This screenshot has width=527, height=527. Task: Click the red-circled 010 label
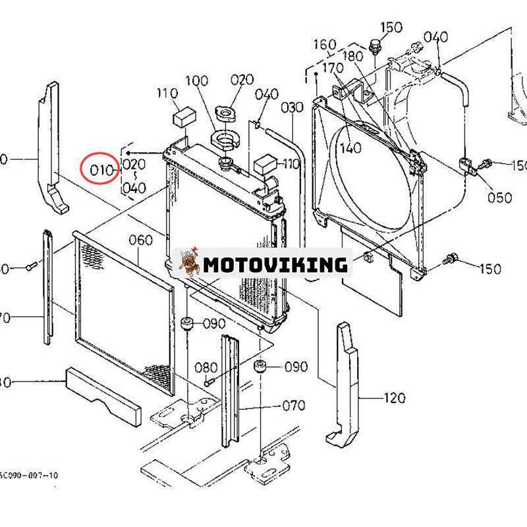(102, 169)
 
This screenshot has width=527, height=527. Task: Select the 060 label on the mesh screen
(140, 240)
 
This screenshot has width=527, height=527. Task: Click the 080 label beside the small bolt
(206, 367)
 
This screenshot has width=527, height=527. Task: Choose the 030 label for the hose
(292, 107)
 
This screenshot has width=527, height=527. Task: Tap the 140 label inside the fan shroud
(350, 148)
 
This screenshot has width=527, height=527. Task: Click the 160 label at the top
(325, 45)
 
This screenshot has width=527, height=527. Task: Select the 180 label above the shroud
(352, 56)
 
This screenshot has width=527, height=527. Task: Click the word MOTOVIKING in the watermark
(275, 265)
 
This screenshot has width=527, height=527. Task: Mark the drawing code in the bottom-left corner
(29, 474)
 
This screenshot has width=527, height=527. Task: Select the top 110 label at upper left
(167, 93)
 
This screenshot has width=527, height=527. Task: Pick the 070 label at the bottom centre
(294, 405)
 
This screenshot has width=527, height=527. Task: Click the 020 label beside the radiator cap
(242, 80)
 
